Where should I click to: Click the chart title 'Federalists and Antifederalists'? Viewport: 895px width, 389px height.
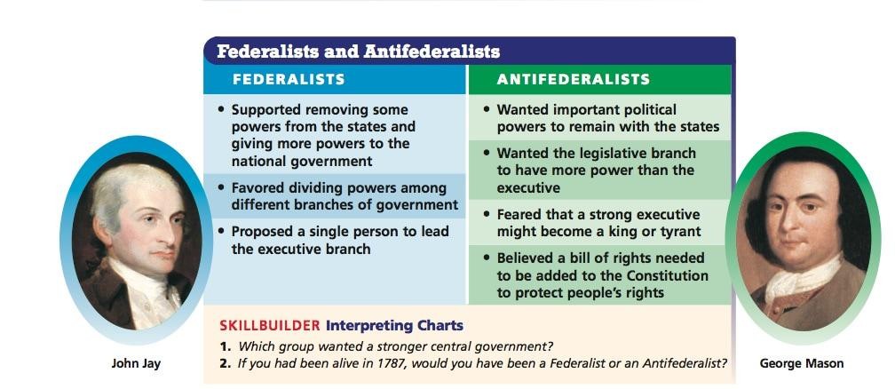tap(358, 52)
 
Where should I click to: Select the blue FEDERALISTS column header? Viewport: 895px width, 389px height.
tap(289, 79)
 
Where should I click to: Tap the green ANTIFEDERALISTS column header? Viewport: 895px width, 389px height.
tap(573, 79)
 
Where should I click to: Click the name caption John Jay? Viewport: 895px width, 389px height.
tap(136, 363)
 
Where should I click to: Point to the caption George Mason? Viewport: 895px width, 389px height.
tap(802, 363)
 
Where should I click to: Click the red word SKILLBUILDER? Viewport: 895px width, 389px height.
tap(269, 326)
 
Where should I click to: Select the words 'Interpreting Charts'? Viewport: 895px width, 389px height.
tap(394, 326)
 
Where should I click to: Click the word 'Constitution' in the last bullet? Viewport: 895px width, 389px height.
tap(668, 275)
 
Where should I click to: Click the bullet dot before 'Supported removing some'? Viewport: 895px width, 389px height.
tap(221, 109)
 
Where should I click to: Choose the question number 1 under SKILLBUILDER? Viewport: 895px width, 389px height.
tap(225, 346)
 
